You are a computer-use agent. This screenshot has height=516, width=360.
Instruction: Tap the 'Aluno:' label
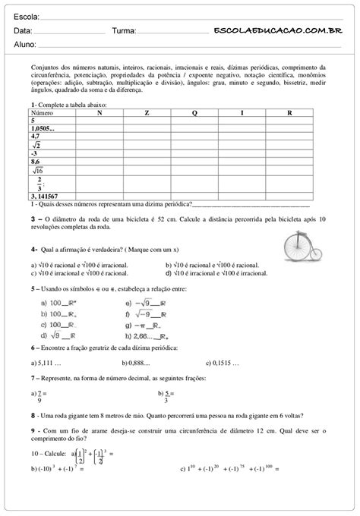point(26,46)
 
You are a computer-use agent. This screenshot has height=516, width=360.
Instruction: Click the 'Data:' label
point(23,32)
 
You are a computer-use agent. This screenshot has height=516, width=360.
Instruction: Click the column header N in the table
point(99,112)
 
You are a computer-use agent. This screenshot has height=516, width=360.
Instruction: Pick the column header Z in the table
point(147,112)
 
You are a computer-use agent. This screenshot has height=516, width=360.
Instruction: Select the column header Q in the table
point(194,112)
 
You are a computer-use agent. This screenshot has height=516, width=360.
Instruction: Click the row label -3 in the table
point(35,153)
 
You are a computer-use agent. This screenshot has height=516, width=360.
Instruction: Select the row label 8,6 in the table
point(36,162)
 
